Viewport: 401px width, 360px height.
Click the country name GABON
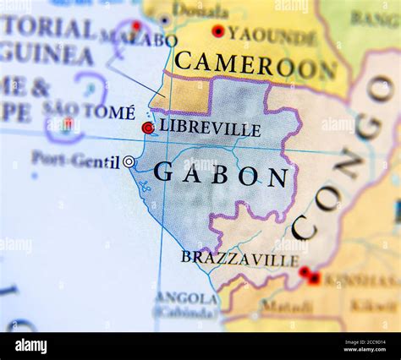[221, 175]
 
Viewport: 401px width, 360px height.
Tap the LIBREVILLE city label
[210, 128]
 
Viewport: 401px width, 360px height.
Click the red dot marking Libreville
[148, 128]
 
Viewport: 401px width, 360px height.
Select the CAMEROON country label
[255, 63]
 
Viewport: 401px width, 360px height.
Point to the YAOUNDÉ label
[272, 35]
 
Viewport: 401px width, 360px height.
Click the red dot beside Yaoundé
[218, 31]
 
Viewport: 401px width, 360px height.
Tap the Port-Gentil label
[75, 159]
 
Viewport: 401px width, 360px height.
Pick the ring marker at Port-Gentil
[129, 161]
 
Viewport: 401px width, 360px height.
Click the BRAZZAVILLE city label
[239, 258]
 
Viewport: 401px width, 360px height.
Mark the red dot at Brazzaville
[304, 271]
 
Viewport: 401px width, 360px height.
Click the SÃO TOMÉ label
[89, 111]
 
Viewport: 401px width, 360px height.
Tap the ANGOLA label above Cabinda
[186, 297]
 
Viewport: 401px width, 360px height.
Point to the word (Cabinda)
[186, 312]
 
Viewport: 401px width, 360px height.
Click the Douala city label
[200, 12]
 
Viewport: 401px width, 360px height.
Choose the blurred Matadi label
[286, 306]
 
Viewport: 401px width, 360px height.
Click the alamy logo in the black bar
[30, 346]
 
